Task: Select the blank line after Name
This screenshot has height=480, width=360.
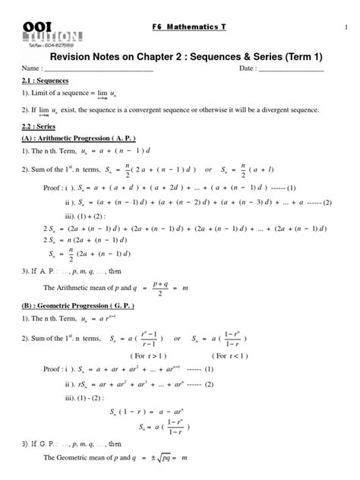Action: pos(99,71)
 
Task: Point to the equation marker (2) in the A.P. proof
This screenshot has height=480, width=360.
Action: pos(327,203)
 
